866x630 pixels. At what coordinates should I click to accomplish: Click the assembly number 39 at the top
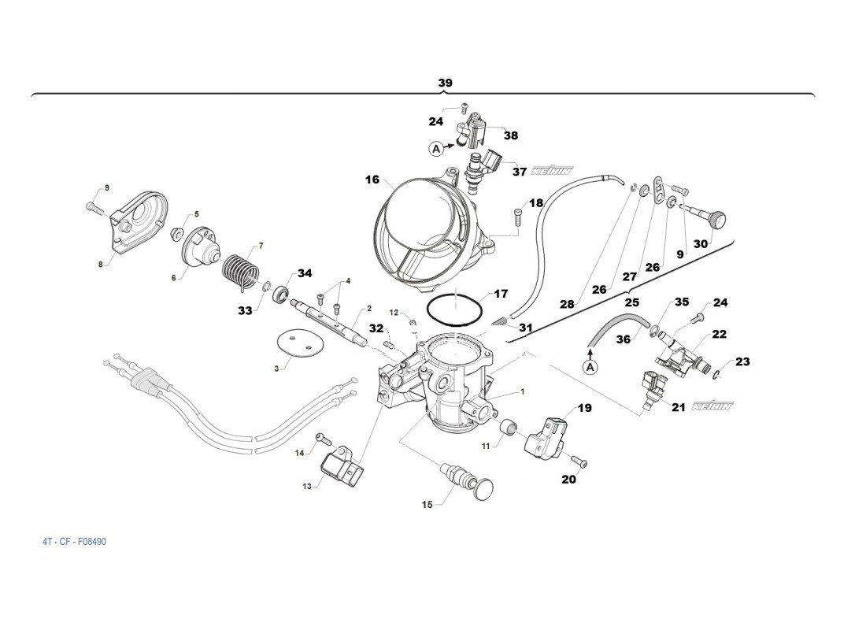tap(446, 83)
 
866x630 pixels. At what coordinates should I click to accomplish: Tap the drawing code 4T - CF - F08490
tap(75, 542)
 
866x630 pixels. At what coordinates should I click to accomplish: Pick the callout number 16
tap(372, 180)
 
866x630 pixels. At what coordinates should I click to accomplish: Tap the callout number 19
tap(584, 408)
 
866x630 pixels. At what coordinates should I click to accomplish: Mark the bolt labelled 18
tap(517, 213)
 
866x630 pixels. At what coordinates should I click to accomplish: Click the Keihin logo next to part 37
tap(552, 170)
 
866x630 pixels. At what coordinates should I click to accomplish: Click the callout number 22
tap(719, 334)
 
